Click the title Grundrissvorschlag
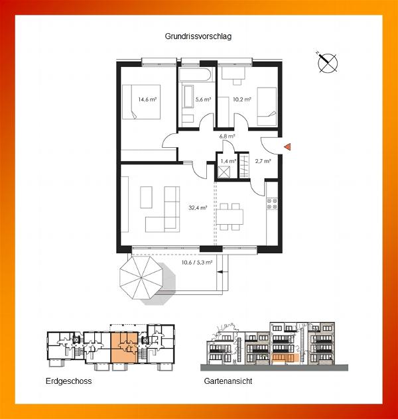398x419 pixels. pyautogui.click(x=198, y=36)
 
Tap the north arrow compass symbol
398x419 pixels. pyautogui.click(x=327, y=63)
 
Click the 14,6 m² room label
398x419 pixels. pyautogui.click(x=147, y=99)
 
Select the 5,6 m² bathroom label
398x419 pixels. pyautogui.click(x=203, y=99)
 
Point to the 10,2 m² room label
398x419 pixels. pyautogui.click(x=242, y=99)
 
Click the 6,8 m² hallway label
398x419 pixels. pyautogui.click(x=228, y=136)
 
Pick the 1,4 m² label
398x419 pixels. pyautogui.click(x=228, y=161)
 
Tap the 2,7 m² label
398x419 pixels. pyautogui.click(x=263, y=161)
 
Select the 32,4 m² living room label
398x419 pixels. pyautogui.click(x=198, y=208)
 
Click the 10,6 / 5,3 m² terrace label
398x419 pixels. pyautogui.click(x=197, y=263)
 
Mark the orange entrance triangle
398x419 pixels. pyautogui.click(x=287, y=147)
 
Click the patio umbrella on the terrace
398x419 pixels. pyautogui.click(x=141, y=278)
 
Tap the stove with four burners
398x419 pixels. pyautogui.click(x=272, y=204)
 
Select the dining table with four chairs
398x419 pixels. pyautogui.click(x=230, y=217)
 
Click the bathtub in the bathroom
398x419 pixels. pyautogui.click(x=197, y=76)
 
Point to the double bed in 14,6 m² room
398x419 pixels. pyautogui.click(x=141, y=102)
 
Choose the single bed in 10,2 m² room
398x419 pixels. pyautogui.click(x=267, y=107)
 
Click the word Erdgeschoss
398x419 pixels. pyautogui.click(x=69, y=381)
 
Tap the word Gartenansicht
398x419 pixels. pyautogui.click(x=228, y=381)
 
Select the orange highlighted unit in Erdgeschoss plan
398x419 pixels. pyautogui.click(x=124, y=347)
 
